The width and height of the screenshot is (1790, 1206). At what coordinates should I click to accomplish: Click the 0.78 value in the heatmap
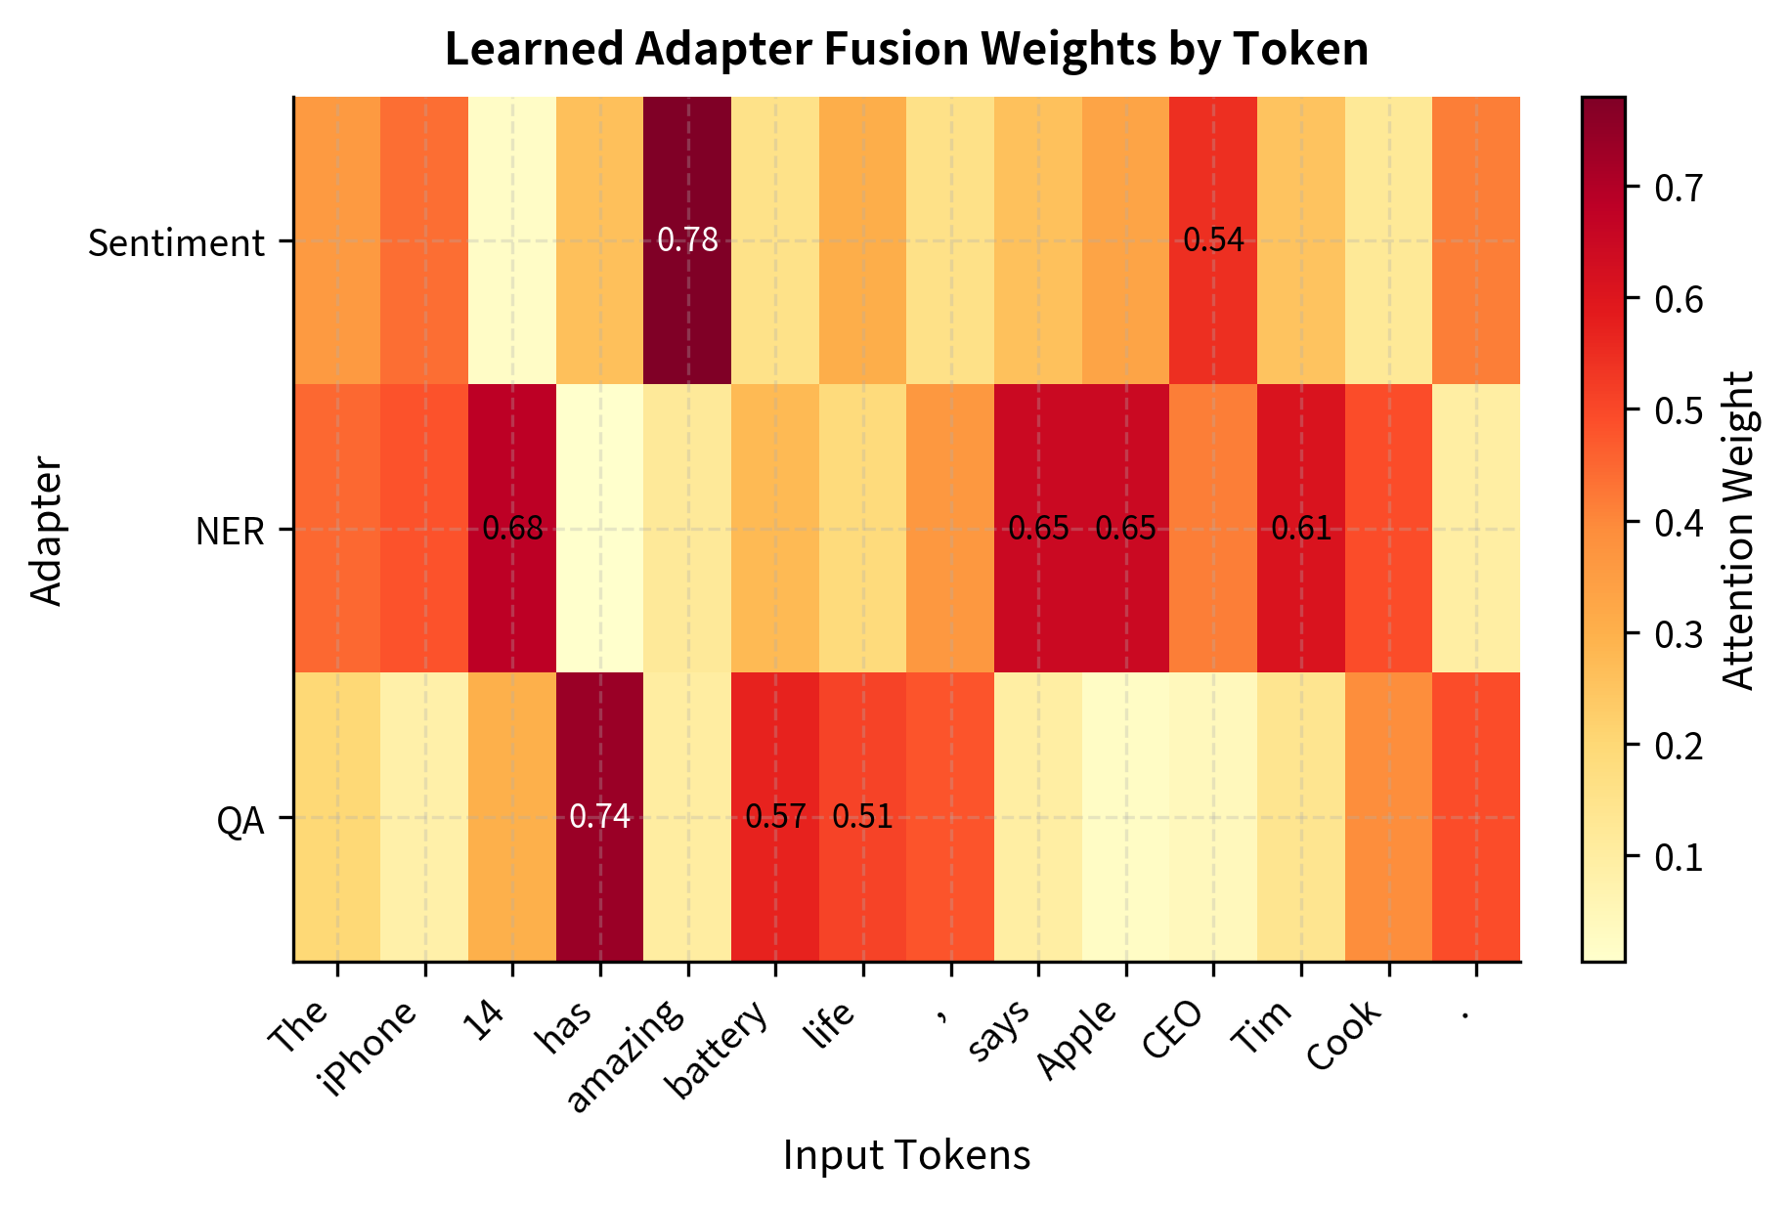tap(687, 239)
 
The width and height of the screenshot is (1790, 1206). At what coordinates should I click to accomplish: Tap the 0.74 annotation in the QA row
tap(599, 816)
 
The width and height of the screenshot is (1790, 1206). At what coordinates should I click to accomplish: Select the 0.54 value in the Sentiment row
tap(1213, 239)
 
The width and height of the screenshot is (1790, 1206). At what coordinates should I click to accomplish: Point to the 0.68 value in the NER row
tap(512, 529)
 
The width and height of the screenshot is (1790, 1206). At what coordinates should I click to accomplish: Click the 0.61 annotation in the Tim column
tap(1301, 529)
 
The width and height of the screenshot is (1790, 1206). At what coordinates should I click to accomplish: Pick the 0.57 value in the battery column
tap(775, 816)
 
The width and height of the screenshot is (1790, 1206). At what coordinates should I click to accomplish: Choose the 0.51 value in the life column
tap(862, 816)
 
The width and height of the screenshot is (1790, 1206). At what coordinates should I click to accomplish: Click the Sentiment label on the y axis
tap(176, 242)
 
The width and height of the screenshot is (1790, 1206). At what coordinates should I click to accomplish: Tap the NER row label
tap(230, 532)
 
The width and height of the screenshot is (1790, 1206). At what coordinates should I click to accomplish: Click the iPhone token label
tap(372, 1047)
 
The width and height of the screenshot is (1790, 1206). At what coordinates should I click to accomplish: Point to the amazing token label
tap(626, 1056)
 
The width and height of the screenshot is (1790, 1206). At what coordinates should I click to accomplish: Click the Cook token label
tap(1345, 1036)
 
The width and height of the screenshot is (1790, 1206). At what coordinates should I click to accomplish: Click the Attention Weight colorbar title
tap(1737, 529)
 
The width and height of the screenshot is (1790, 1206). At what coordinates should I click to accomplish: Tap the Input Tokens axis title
tap(906, 1155)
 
